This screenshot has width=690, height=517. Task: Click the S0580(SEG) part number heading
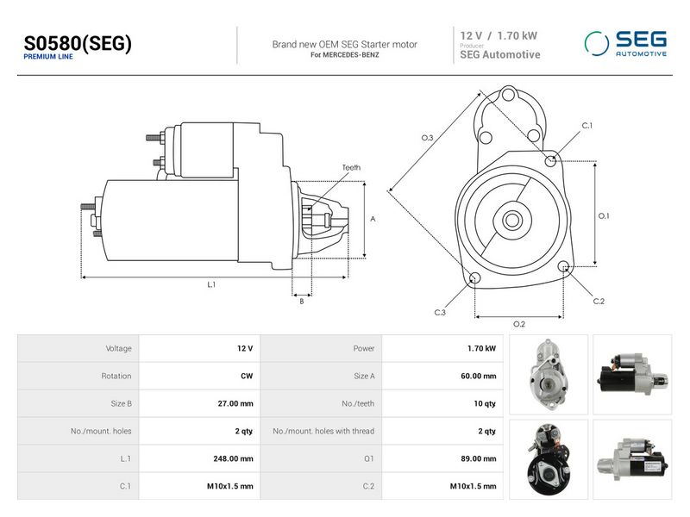pyautogui.click(x=78, y=43)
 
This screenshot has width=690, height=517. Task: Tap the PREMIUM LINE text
pyautogui.click(x=48, y=57)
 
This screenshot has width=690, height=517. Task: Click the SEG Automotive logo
pyautogui.click(x=625, y=44)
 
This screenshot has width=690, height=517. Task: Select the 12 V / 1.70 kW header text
pyautogui.click(x=499, y=35)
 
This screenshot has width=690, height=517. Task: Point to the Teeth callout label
pyautogui.click(x=351, y=167)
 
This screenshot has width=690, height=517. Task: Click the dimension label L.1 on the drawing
pyautogui.click(x=211, y=284)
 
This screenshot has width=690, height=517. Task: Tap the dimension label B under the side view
pyautogui.click(x=301, y=301)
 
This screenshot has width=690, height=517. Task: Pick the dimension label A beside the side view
pyautogui.click(x=373, y=219)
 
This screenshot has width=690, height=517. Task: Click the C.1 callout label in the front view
pyautogui.click(x=587, y=126)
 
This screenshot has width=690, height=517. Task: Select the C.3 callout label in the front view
pyautogui.click(x=440, y=313)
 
